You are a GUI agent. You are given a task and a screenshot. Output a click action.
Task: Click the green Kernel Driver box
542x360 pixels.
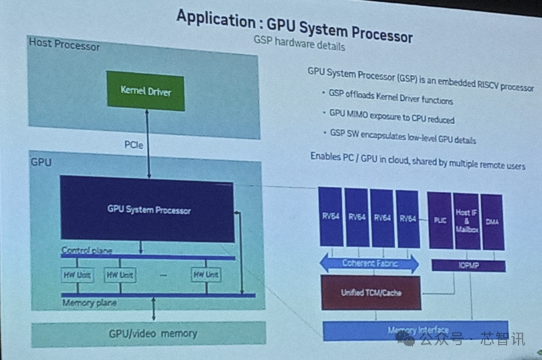(x=146, y=90)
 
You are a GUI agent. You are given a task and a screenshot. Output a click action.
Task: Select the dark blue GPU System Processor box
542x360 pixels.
(x=148, y=209)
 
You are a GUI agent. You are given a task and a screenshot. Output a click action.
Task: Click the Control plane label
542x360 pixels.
(x=87, y=250)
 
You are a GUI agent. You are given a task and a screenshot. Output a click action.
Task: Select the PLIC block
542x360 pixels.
(x=440, y=220)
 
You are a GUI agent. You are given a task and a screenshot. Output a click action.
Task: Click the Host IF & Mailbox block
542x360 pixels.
(x=467, y=220)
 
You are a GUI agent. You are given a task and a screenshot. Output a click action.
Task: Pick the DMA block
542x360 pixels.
(x=492, y=221)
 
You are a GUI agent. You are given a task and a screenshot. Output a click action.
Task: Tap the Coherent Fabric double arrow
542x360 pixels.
(x=369, y=263)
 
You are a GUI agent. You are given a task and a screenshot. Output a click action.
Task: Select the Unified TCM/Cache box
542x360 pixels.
(x=371, y=293)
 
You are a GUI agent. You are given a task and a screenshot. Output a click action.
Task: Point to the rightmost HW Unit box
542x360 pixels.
(x=206, y=275)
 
